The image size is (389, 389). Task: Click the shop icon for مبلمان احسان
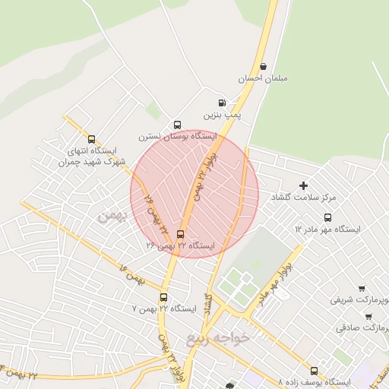click(263, 66)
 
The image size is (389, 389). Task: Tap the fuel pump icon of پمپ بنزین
click(222, 103)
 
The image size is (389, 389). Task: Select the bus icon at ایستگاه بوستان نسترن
click(177, 125)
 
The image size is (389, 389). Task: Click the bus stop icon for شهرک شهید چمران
click(92, 139)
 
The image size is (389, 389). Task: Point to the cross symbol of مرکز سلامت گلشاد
click(303, 185)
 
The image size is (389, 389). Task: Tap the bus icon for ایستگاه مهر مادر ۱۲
click(327, 217)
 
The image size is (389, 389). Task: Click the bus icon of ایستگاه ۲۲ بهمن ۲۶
click(180, 235)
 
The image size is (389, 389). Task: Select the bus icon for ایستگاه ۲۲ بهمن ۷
click(163, 298)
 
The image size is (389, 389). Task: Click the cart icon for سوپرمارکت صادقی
click(368, 316)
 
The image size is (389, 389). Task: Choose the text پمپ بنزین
click(226, 114)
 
